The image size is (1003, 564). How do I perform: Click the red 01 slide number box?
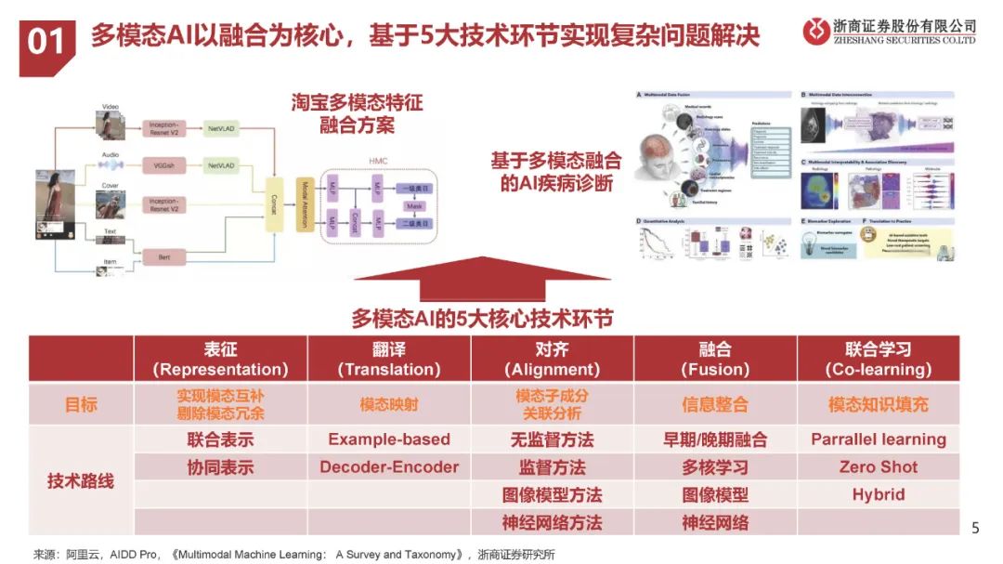tap(46, 43)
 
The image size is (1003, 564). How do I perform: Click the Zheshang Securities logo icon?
tap(817, 32)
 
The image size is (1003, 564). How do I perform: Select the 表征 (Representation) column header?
tap(220, 360)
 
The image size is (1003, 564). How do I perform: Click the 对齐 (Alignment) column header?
tap(552, 360)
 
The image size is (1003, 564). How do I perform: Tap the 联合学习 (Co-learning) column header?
tap(878, 360)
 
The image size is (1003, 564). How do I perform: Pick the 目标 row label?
tap(81, 405)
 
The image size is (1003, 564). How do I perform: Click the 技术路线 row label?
tap(81, 480)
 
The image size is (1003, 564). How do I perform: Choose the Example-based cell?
tap(389, 439)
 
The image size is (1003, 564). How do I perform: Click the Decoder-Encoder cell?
tap(389, 467)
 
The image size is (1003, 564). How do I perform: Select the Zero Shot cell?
tap(878, 467)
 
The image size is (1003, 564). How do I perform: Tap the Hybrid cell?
tap(878, 494)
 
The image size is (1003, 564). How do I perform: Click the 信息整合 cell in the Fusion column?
tap(715, 405)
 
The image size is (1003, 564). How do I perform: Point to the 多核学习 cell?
tap(715, 467)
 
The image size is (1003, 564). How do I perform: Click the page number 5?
tap(974, 529)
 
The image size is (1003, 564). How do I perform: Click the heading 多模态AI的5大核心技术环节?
tap(482, 318)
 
